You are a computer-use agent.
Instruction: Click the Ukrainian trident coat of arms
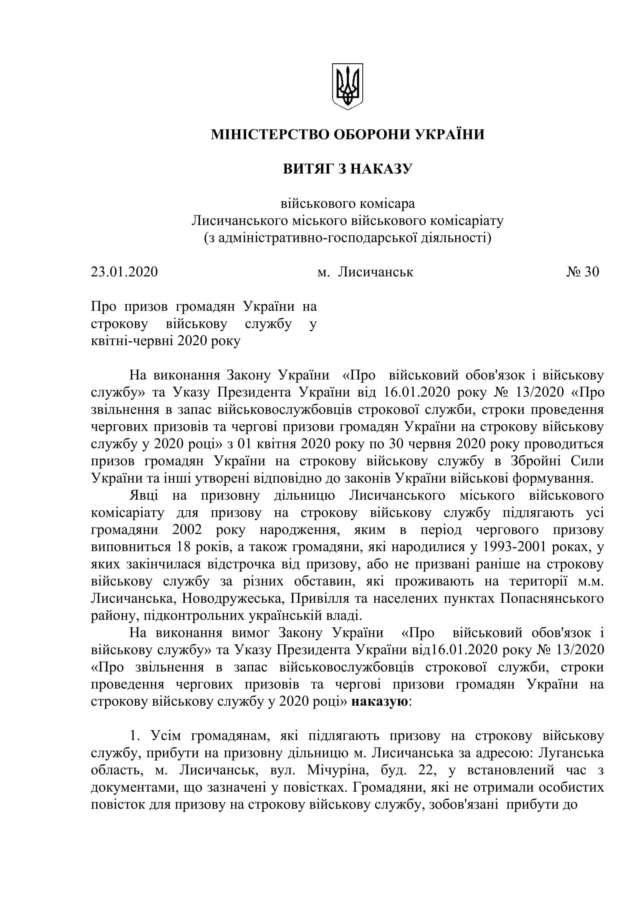[347, 86]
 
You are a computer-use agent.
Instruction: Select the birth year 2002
[187, 530]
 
